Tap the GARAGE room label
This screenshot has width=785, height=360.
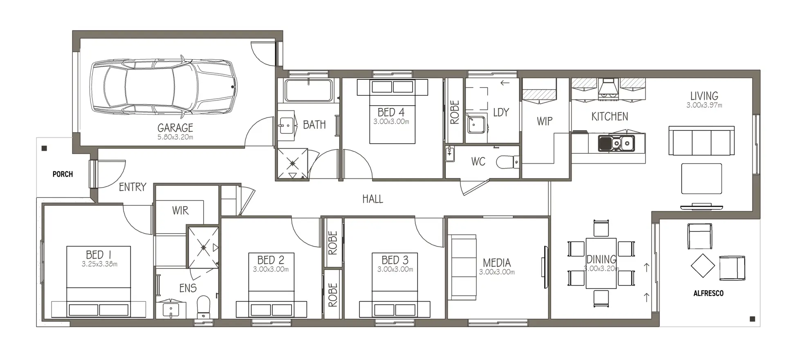point(175,128)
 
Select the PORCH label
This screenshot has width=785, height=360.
point(63,174)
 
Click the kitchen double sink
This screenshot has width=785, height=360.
point(616,143)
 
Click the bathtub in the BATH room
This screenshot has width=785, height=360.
point(308,90)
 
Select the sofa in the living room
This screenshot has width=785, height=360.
point(701,141)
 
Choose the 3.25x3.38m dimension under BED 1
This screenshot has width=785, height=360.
point(99,264)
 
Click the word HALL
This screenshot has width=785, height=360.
point(372,199)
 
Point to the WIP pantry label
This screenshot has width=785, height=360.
point(545,121)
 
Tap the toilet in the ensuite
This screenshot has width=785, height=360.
point(203,307)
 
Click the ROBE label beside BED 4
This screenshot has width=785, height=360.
point(455,112)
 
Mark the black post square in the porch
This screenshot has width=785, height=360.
point(45,148)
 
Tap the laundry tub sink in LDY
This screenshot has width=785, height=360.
point(476,125)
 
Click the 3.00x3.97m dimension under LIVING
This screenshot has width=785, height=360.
point(704,105)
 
